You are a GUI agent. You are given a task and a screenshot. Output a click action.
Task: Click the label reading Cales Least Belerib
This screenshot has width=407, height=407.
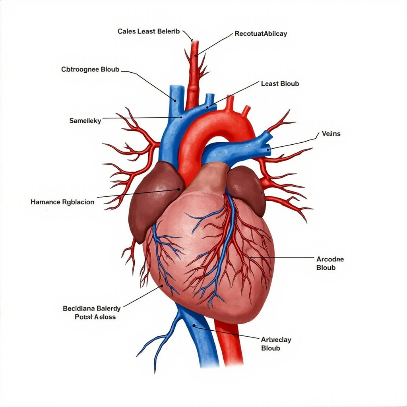149,31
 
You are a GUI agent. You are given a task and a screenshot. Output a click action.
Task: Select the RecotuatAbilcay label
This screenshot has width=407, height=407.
261,34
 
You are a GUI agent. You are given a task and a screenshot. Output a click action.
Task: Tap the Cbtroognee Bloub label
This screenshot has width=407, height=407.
90,69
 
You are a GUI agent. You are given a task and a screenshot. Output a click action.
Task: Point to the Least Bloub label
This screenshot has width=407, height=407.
280,83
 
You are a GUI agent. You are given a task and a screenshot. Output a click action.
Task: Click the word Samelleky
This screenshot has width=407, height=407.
85,120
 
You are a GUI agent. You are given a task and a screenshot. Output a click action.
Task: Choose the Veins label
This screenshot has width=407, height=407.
331,134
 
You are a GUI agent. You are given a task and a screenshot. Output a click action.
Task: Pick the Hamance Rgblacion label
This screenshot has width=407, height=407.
62,202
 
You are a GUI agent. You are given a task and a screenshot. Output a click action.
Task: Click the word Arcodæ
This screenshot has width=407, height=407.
330,259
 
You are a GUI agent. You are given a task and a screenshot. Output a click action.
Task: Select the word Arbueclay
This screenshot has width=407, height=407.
276,339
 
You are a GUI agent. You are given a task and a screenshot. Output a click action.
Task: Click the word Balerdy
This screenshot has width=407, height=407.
107,308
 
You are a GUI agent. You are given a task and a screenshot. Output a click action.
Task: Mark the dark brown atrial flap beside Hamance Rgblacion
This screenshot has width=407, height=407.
153,199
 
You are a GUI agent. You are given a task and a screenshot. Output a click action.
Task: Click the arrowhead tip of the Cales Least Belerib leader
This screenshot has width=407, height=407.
191,40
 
